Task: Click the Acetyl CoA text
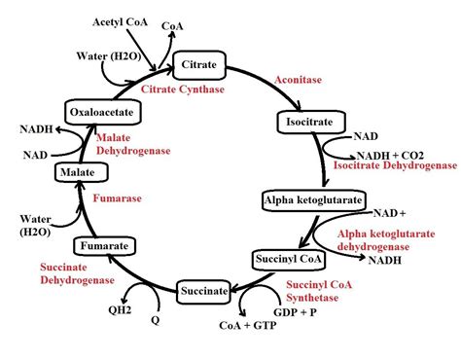click(x=121, y=21)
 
